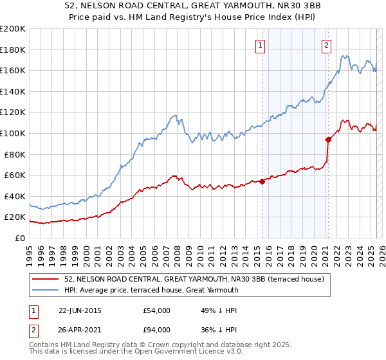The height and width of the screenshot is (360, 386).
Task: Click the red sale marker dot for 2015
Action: click(x=262, y=181)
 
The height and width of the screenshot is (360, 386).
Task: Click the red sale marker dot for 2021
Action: click(x=328, y=139)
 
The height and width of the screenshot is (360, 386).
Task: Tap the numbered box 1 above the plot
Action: click(x=261, y=45)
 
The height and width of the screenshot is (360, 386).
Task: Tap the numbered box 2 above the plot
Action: click(x=327, y=45)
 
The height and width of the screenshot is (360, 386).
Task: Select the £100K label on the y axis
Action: click(x=13, y=133)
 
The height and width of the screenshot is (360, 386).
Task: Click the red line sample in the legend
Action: click(x=46, y=279)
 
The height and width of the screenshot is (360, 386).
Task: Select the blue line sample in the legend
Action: click(x=46, y=290)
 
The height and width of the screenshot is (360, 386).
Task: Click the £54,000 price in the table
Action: click(x=157, y=310)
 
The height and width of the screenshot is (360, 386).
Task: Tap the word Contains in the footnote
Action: click(x=44, y=345)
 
